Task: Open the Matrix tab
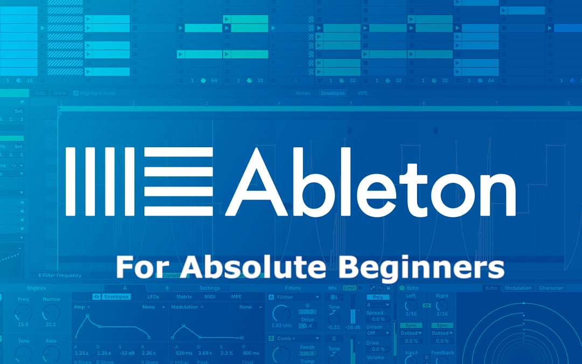(x=184, y=297)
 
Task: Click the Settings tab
(x=210, y=288)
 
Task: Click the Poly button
(x=378, y=297)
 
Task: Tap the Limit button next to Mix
(x=350, y=288)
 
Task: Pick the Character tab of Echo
(x=551, y=288)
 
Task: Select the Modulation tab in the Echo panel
(x=518, y=288)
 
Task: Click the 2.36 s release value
(x=148, y=353)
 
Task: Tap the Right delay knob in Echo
(x=442, y=306)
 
